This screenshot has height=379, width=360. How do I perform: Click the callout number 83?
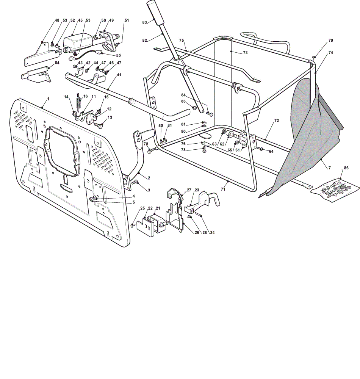point(144,22)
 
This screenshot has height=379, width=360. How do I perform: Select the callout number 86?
point(346,168)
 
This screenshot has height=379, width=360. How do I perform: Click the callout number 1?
point(49,99)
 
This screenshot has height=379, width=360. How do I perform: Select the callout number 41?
point(119,75)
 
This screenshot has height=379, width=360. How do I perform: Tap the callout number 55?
point(118,55)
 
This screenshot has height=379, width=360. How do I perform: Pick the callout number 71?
point(223,189)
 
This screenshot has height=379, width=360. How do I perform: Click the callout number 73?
point(245,52)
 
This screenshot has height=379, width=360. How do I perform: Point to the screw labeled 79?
point(314,57)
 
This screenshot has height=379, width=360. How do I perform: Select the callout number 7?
point(330,168)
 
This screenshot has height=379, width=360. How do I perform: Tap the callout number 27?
point(189,190)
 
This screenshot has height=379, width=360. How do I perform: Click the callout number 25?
point(142,208)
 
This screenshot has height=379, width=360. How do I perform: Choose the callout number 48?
point(57,20)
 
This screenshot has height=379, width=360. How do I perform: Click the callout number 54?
point(57,63)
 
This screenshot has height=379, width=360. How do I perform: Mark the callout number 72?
point(277,121)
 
